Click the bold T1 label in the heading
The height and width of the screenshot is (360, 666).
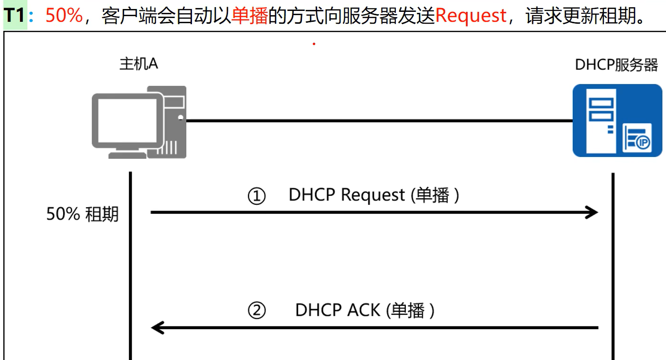[x=15, y=16]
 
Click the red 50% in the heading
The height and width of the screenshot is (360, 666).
[x=64, y=16]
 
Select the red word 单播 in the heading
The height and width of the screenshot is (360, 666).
[x=249, y=16]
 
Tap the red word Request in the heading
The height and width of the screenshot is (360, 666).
[x=471, y=16]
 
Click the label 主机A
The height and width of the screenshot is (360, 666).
[x=138, y=64]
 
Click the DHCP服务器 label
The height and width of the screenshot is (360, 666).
[x=616, y=65]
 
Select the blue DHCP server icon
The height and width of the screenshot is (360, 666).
[x=617, y=120]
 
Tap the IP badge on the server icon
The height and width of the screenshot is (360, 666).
[x=643, y=143]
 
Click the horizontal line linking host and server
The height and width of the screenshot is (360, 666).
[x=379, y=121]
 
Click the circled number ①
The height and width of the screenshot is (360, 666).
[x=257, y=196]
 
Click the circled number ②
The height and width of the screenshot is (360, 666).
[x=257, y=311]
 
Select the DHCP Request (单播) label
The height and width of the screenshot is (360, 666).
[x=374, y=195]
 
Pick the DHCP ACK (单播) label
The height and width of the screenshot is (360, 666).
[x=365, y=310]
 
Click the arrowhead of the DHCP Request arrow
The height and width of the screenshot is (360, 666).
[x=593, y=212]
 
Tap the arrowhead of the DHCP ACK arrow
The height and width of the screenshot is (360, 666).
[x=157, y=328]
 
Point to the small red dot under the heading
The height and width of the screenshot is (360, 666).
[x=314, y=44]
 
